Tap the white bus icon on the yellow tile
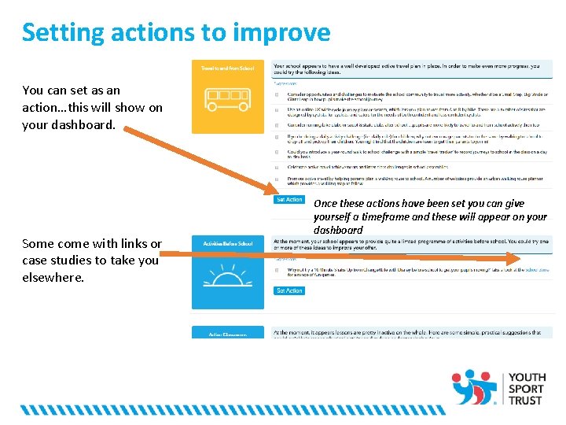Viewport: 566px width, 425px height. pyautogui.click(x=228, y=99)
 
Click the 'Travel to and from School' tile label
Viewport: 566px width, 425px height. pyautogui.click(x=228, y=69)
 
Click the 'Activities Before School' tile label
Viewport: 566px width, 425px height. pyautogui.click(x=228, y=244)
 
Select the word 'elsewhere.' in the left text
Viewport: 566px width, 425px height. pyautogui.click(x=53, y=277)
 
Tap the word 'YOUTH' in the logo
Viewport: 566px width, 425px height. pyautogui.click(x=527, y=378)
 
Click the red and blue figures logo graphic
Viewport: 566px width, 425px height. pyautogui.click(x=475, y=386)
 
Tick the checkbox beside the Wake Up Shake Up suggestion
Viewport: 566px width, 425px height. pyautogui.click(x=276, y=272)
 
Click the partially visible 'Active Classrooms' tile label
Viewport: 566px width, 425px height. pyautogui.click(x=228, y=334)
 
